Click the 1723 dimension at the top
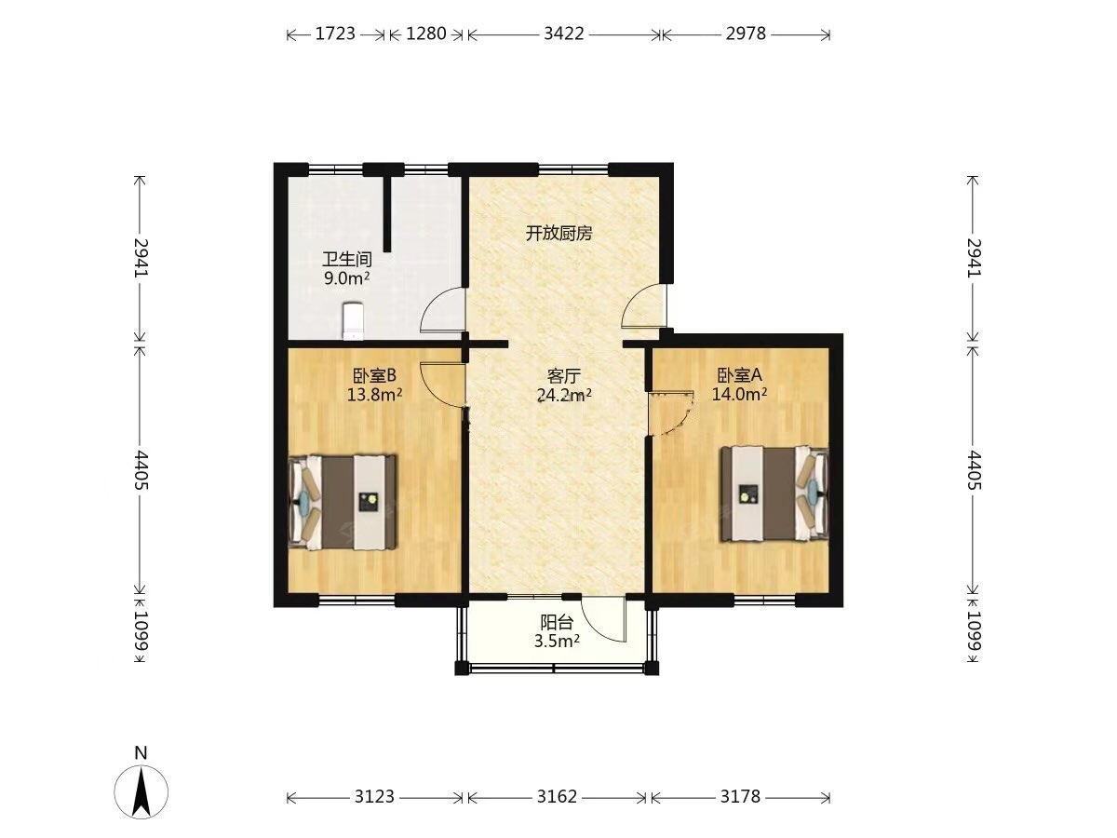(335, 34)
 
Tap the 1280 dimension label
(426, 34)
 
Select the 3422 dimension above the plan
(564, 34)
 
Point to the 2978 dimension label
(746, 34)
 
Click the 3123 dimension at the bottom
(374, 796)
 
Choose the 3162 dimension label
(558, 796)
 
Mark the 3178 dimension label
(740, 796)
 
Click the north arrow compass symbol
(141, 791)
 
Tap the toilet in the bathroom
(353, 321)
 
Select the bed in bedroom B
(343, 502)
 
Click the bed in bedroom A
(774, 493)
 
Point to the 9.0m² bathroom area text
(346, 278)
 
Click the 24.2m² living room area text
(564, 395)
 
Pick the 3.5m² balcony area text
(557, 642)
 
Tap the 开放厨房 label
(558, 234)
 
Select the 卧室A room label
(739, 375)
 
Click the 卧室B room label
(374, 375)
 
